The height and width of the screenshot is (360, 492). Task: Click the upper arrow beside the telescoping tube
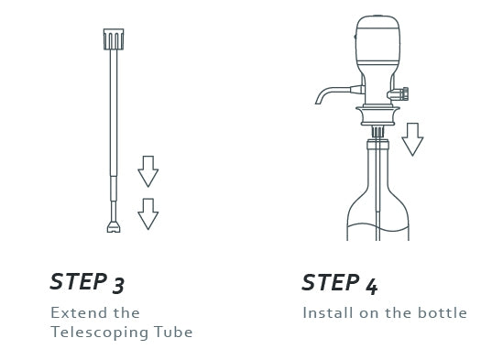point(148,171)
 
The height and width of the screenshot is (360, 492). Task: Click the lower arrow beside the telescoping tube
point(148,214)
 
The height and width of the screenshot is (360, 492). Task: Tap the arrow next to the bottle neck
point(412,139)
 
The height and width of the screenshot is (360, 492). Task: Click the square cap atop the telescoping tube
point(114,39)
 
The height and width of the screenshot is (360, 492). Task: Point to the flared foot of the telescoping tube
point(114,227)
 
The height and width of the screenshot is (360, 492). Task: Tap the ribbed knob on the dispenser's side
point(399,93)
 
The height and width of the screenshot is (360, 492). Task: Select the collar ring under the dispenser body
point(377,115)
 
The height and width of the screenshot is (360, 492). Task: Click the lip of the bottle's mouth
point(377,145)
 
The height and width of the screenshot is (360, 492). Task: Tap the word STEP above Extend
point(79,281)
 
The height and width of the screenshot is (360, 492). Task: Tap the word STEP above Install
point(331,282)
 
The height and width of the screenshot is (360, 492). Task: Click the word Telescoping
point(100,333)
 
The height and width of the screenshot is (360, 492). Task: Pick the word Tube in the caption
point(173,333)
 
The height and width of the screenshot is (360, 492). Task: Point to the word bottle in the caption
point(443,312)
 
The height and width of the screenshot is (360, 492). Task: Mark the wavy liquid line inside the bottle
point(377,227)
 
